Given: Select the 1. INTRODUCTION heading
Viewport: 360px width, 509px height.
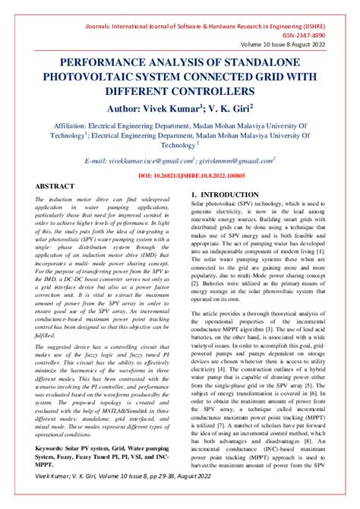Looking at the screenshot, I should [x=226, y=195].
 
